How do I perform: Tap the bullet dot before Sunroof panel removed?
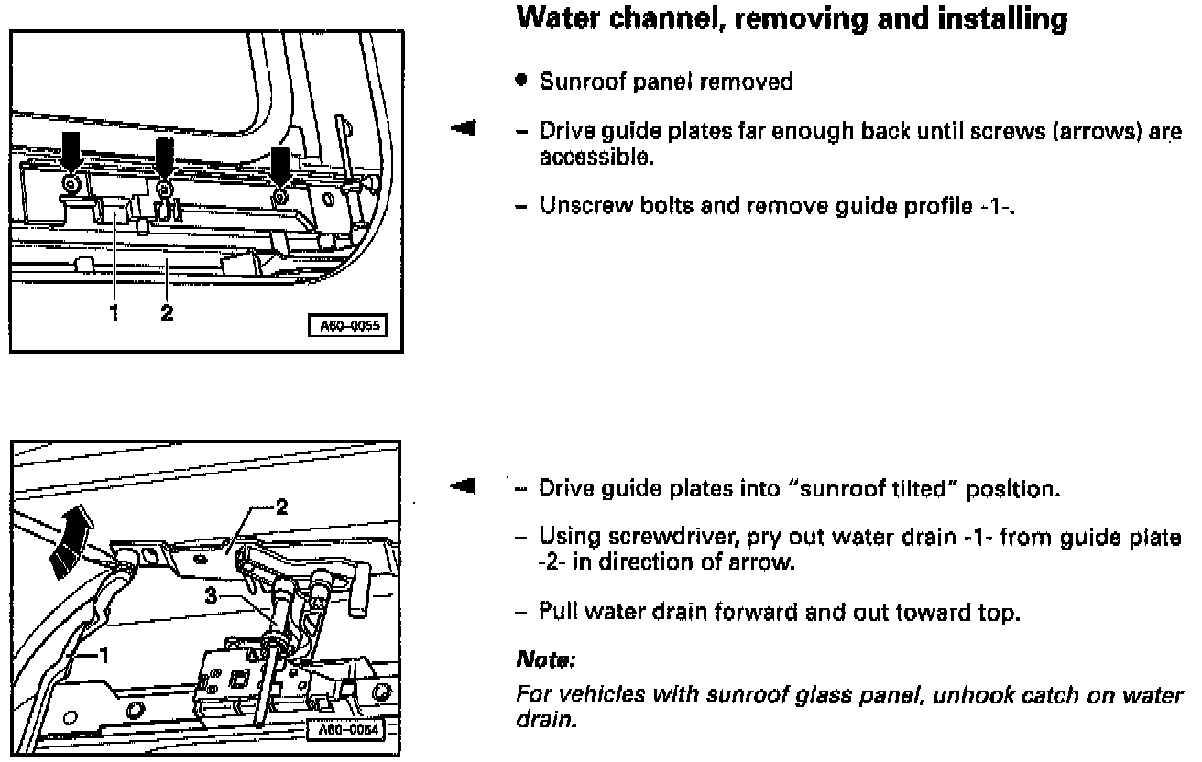click(x=520, y=82)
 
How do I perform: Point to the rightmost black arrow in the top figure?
click(x=281, y=166)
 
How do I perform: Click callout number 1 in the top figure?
click(x=115, y=314)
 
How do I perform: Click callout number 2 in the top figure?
click(x=166, y=314)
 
